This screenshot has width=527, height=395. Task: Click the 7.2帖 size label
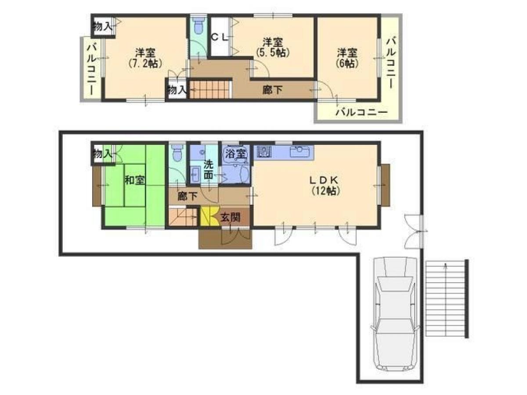[x=145, y=64]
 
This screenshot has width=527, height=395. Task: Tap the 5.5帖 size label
[x=273, y=53]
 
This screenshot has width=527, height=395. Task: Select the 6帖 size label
[x=347, y=64]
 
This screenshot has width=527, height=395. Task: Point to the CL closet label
[x=220, y=37]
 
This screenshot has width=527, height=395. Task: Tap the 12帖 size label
[x=325, y=191]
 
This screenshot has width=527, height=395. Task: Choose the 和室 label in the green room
[x=134, y=180]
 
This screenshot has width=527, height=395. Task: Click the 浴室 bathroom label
[x=235, y=154]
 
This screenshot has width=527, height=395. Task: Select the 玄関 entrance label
[x=230, y=218]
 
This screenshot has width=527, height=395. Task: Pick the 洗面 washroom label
[x=209, y=169]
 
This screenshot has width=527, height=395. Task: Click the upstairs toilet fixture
[x=198, y=25]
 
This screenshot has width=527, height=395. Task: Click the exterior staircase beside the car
[x=447, y=298]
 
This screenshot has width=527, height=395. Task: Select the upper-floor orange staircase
[x=211, y=90]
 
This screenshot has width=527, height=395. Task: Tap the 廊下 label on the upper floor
[x=272, y=90]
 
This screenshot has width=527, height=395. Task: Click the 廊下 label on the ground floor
[x=188, y=197]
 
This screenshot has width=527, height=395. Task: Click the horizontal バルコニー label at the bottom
[x=361, y=112]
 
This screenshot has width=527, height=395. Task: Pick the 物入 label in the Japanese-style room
[x=102, y=154]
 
